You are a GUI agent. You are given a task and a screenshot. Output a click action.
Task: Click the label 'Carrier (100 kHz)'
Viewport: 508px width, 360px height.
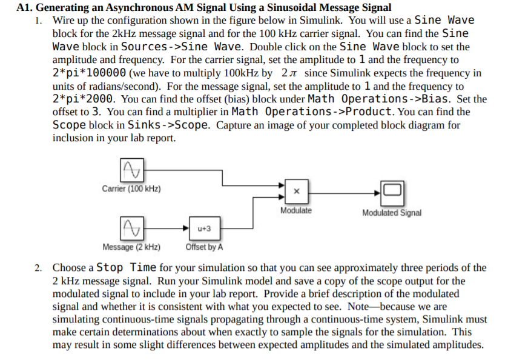[131, 189]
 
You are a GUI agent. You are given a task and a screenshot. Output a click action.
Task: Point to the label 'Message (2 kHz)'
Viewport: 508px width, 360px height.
[131, 247]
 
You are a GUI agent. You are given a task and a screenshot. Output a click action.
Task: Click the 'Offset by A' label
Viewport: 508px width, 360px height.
[204, 247]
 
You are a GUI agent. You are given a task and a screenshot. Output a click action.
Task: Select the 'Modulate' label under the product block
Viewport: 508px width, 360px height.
[296, 211]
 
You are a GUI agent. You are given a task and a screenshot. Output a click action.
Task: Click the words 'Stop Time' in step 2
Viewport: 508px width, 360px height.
[127, 267]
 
